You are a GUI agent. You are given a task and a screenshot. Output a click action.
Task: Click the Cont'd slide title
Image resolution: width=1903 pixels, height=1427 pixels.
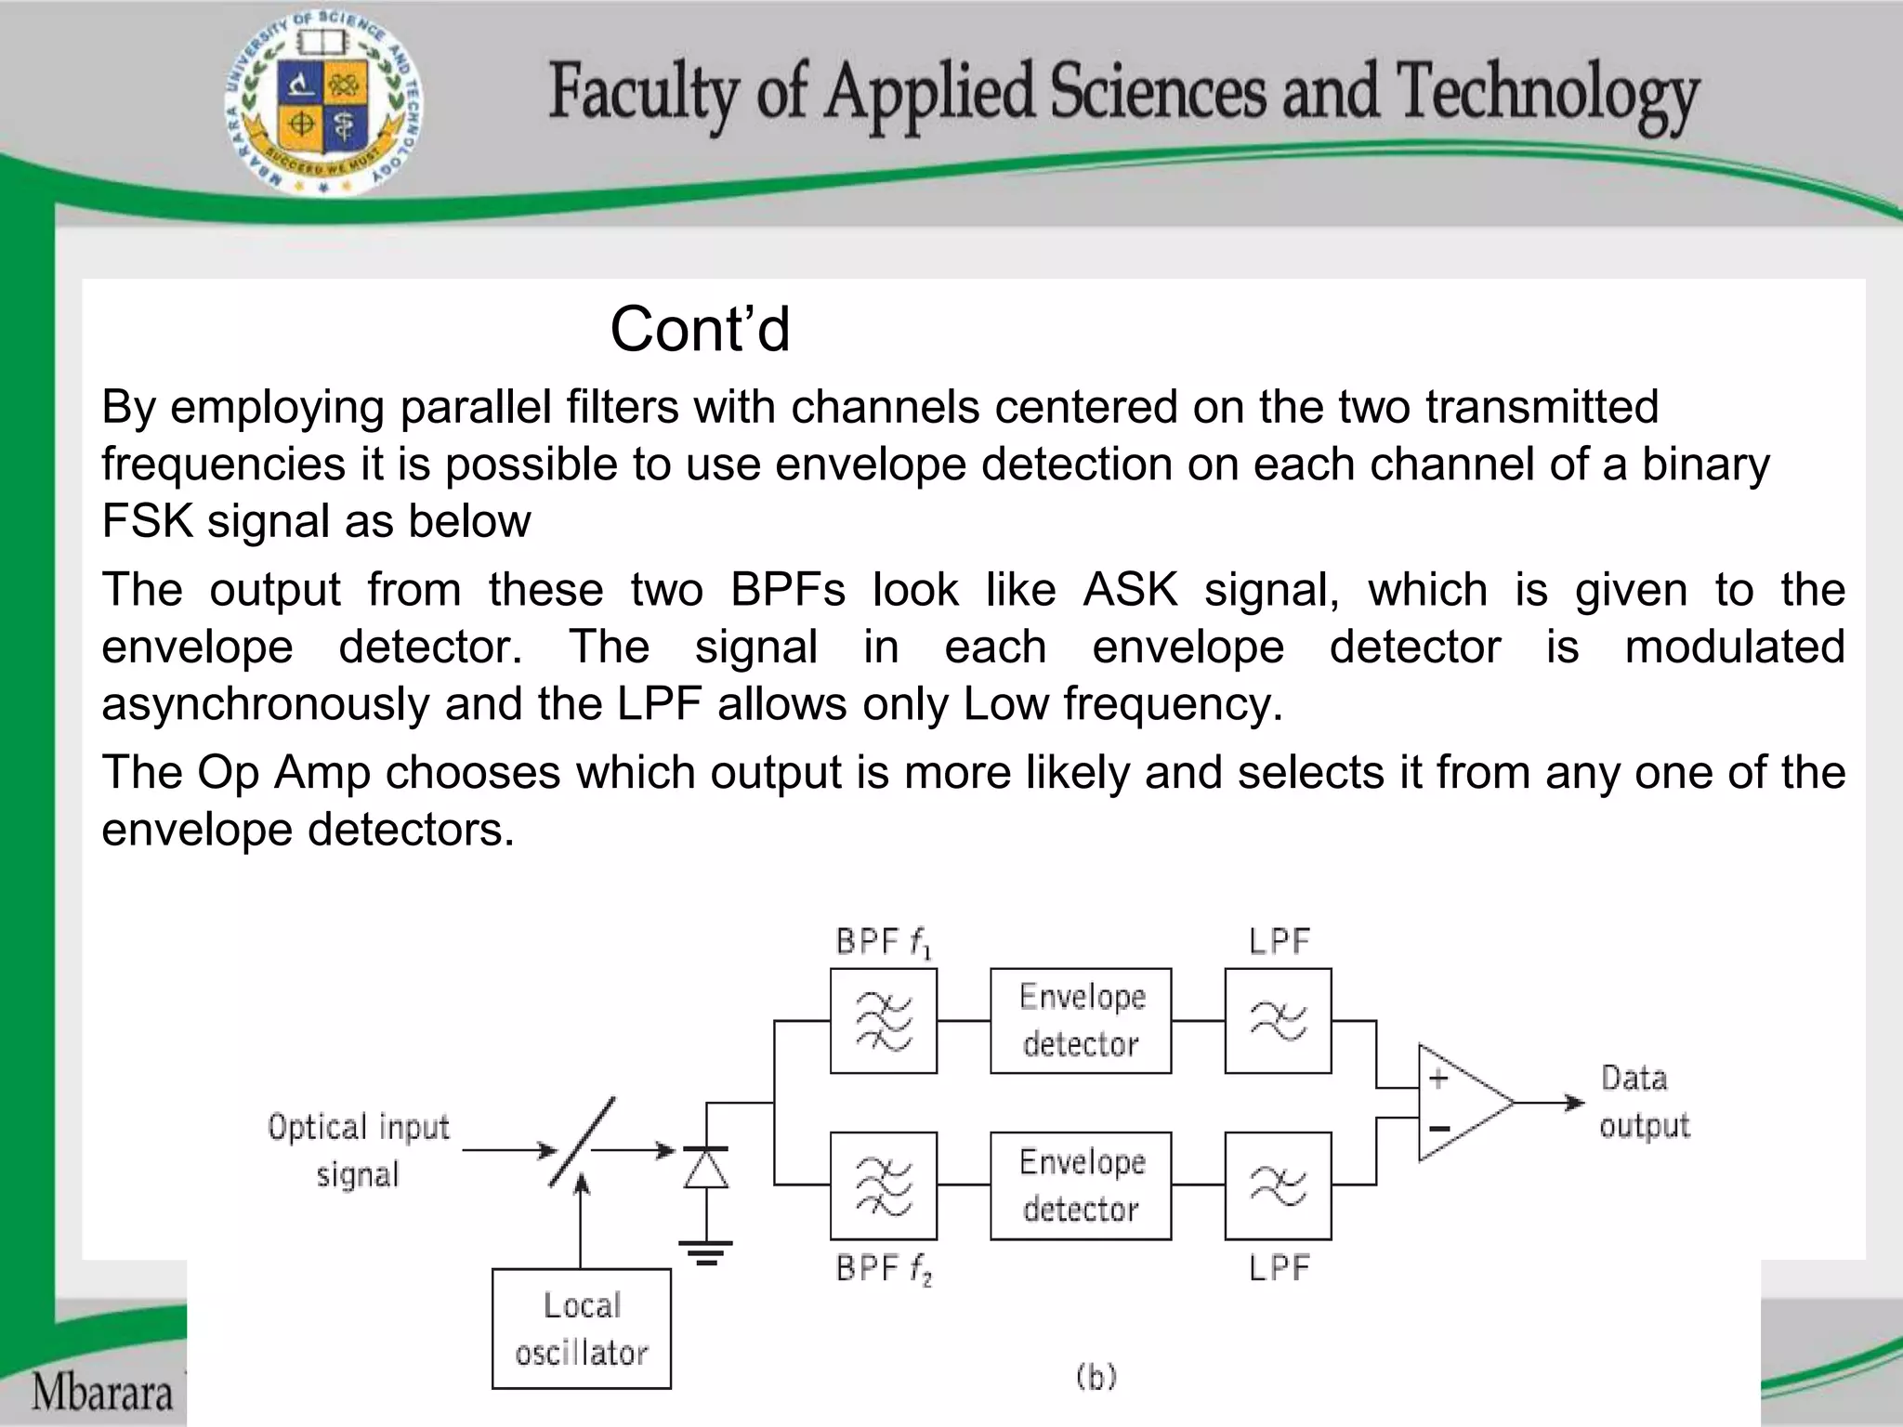coord(700,330)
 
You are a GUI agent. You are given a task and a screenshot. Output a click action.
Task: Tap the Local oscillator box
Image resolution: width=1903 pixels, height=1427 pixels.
coord(582,1329)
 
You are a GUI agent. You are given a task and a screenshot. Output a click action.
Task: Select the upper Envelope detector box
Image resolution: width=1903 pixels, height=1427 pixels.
coord(1081,1021)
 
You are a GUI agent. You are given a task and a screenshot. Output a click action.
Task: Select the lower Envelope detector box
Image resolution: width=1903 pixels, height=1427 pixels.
coord(1081,1185)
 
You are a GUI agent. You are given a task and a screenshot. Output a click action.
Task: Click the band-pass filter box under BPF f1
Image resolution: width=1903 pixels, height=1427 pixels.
coord(884,1021)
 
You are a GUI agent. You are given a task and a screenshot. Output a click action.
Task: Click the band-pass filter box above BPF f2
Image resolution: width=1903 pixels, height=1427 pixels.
coord(884,1185)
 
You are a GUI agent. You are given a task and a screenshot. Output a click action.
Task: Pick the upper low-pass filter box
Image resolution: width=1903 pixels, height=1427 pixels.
coord(1278,1021)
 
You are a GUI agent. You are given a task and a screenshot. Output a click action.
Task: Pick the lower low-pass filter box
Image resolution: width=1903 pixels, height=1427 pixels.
coord(1278,1185)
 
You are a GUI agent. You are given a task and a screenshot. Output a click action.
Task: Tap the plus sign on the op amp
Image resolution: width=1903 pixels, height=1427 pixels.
coord(1438,1079)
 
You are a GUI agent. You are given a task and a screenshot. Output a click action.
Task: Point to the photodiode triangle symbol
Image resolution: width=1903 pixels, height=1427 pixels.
coord(706,1169)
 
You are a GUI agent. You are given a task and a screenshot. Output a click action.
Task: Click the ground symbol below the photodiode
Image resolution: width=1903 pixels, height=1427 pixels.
coord(706,1252)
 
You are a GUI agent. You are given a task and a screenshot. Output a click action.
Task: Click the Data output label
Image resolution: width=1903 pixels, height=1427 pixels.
coord(1643,1102)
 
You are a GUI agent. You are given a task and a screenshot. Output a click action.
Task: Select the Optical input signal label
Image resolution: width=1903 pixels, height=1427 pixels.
coord(359,1150)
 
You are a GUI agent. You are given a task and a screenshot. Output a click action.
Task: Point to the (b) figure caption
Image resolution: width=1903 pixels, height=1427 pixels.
coord(1096,1376)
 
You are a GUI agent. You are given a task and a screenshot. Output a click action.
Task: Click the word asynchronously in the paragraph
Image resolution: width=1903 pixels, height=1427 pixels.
coord(266,704)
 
